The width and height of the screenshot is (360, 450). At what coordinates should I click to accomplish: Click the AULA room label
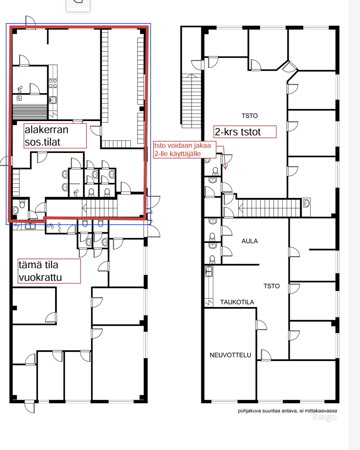point(250,241)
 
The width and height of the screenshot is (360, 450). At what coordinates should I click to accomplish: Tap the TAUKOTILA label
point(237,302)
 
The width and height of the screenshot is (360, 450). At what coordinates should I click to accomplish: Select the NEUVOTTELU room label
point(230,355)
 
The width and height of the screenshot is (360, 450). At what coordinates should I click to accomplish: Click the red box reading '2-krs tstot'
point(245,132)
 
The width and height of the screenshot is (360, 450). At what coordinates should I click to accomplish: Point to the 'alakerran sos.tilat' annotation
point(55,136)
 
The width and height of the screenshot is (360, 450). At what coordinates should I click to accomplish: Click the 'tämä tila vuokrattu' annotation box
point(49,271)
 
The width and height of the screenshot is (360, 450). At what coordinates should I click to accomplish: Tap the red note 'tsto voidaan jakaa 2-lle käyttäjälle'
point(185,150)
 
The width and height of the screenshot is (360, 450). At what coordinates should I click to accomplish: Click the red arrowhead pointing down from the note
point(225,167)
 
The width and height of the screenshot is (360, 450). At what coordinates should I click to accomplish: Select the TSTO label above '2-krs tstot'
point(250,116)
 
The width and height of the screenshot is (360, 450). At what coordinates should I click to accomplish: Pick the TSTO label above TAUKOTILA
point(271,286)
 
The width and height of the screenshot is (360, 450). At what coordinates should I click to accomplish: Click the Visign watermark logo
point(324,417)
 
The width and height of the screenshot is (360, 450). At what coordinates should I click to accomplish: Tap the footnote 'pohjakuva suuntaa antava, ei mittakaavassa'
point(287,411)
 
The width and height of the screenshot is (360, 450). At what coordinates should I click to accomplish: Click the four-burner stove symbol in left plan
point(53,83)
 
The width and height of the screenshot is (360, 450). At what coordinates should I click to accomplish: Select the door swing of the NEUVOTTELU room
point(261,325)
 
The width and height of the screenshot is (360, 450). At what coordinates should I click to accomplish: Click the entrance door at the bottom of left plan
point(30,407)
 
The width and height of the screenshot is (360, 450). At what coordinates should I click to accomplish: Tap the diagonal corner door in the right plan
point(290,67)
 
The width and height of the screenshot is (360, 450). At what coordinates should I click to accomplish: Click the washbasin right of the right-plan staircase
point(306,203)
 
